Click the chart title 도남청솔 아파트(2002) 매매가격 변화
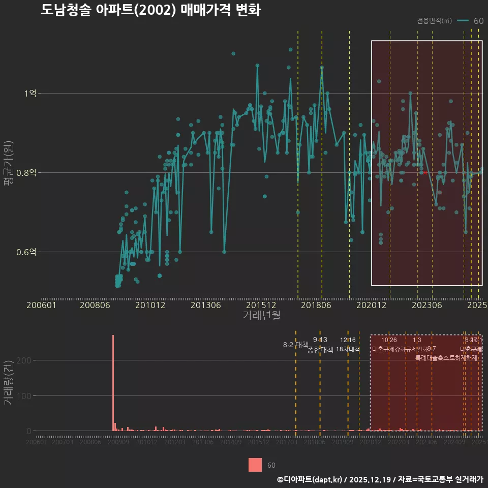pyautogui.click(x=150, y=10)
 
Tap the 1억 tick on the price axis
pyautogui.click(x=30, y=94)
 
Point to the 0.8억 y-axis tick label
pyautogui.click(x=26, y=173)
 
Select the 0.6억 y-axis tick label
pyautogui.click(x=26, y=252)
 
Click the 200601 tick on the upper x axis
pyautogui.click(x=41, y=306)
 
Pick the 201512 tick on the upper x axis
pyautogui.click(x=261, y=306)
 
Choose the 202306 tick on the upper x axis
pyautogui.click(x=426, y=306)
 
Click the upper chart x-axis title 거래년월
pyautogui.click(x=261, y=316)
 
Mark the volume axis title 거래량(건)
pyautogui.click(x=9, y=383)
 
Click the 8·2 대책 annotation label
pyautogui.click(x=295, y=345)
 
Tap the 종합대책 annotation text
pyautogui.click(x=320, y=350)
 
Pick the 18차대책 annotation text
pyautogui.click(x=348, y=349)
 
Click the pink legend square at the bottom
pyautogui.click(x=255, y=465)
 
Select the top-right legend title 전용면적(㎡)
pyautogui.click(x=434, y=21)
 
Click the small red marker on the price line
pyautogui.click(x=424, y=172)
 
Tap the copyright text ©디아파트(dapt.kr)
pyautogui.click(x=310, y=479)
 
